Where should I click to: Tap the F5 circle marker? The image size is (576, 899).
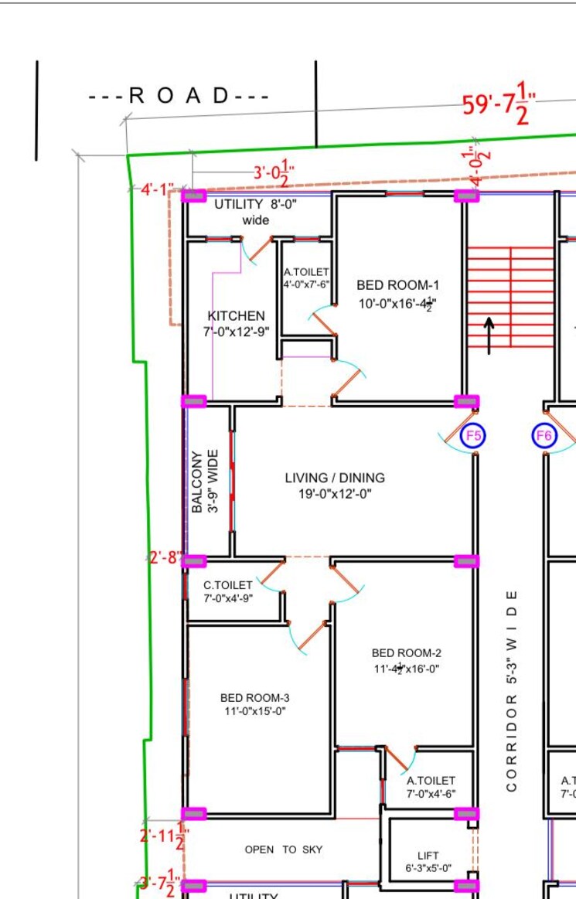click(x=473, y=436)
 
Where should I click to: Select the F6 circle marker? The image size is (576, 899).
click(x=544, y=436)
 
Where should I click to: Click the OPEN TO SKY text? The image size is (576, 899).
click(x=284, y=850)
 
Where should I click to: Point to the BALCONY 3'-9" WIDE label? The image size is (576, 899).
click(x=205, y=482)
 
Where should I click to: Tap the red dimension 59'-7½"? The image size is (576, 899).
click(x=499, y=104)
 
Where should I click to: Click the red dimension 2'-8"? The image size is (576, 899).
click(x=165, y=557)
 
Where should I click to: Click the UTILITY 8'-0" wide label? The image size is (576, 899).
click(x=255, y=213)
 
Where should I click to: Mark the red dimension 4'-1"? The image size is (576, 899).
click(x=157, y=189)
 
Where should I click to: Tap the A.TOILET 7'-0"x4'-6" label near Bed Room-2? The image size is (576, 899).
click(x=431, y=787)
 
